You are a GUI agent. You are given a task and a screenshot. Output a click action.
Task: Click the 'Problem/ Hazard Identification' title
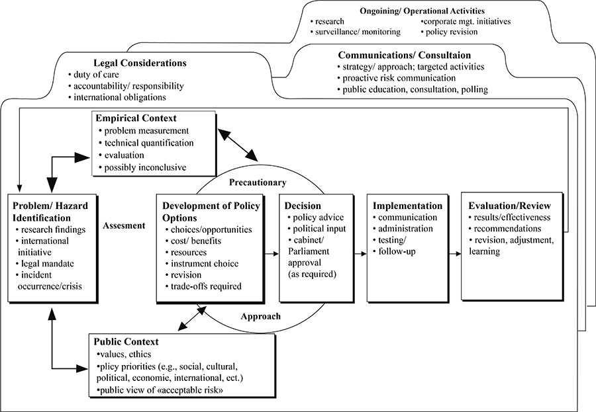(x=52, y=210)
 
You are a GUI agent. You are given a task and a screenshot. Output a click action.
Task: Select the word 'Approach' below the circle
(x=261, y=316)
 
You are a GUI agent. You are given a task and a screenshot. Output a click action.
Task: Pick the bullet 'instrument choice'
(x=205, y=264)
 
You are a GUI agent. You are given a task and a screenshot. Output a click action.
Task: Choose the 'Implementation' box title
(x=407, y=205)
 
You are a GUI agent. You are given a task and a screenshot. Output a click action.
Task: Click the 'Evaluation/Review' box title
(x=514, y=205)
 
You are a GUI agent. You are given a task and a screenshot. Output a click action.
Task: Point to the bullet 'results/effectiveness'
(x=518, y=217)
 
